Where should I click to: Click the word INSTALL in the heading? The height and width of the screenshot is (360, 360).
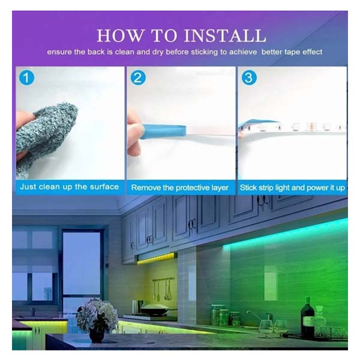[x=225, y=35]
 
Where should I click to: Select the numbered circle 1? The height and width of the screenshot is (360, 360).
[x=26, y=77]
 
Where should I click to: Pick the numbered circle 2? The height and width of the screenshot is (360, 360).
[x=138, y=77]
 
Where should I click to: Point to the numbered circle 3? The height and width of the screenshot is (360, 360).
[x=249, y=77]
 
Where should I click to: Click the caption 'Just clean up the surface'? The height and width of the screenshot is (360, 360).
[x=70, y=187]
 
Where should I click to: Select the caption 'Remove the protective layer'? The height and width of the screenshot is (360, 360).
[x=180, y=188]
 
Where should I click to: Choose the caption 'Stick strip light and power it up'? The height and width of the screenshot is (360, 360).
[x=292, y=188]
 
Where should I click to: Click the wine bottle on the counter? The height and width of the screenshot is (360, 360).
[x=307, y=318]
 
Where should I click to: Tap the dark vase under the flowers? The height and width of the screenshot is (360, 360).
[x=97, y=334]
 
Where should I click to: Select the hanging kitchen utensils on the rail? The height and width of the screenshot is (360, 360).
[x=163, y=289]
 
